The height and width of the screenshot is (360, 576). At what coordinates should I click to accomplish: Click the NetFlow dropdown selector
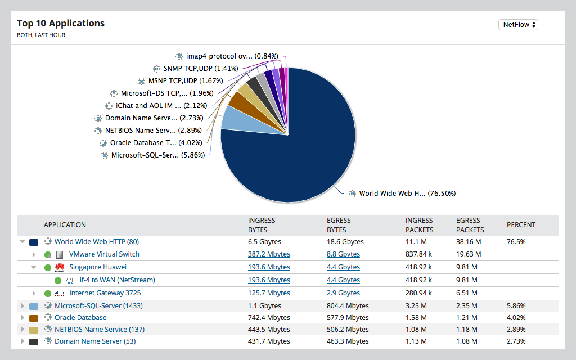coord(518,25)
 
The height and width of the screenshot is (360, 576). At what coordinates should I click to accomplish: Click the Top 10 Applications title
coord(61,24)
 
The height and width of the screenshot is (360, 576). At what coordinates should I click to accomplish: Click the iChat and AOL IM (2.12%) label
coord(161,106)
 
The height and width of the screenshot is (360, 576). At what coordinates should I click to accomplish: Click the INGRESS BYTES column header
coord(262,225)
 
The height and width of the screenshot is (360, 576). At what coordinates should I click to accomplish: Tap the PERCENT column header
coord(521,225)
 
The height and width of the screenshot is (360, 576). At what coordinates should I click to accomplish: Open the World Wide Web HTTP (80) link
coord(96,242)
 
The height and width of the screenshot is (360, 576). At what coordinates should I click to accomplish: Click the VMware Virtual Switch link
coord(104,254)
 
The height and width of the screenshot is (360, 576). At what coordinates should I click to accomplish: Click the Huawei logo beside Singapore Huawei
coord(60,267)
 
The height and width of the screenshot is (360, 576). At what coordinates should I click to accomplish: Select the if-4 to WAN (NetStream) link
coord(117,280)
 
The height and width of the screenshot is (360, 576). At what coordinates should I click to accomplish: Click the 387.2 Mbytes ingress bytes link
coord(269,254)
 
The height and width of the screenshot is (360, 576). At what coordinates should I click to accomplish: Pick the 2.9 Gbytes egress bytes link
coord(343,293)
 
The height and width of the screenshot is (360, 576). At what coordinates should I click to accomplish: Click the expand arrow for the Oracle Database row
coord(22,318)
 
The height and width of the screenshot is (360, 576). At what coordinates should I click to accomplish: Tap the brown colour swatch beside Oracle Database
coord(34,318)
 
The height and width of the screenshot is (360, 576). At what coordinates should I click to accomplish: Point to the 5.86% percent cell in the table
coord(516,306)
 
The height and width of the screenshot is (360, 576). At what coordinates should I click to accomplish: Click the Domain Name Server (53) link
coord(94,341)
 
